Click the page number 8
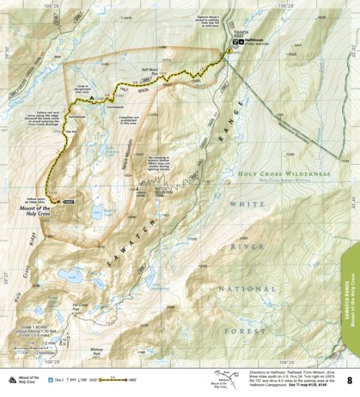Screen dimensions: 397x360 tap(349, 380)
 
